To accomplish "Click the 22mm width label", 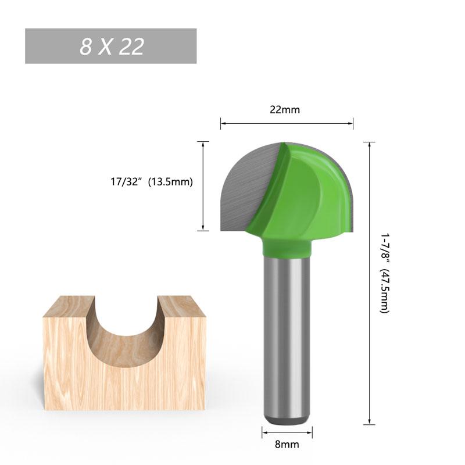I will click(x=285, y=110).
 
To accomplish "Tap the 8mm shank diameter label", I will click(x=287, y=445).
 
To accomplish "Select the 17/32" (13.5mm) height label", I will click(x=151, y=181).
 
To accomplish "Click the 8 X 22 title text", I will click(x=112, y=46).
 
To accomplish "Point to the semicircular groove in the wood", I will click(x=124, y=337).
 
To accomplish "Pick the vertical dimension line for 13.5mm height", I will click(x=203, y=186).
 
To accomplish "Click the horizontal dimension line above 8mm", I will click(x=287, y=431).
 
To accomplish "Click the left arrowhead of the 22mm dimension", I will click(x=223, y=123).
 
